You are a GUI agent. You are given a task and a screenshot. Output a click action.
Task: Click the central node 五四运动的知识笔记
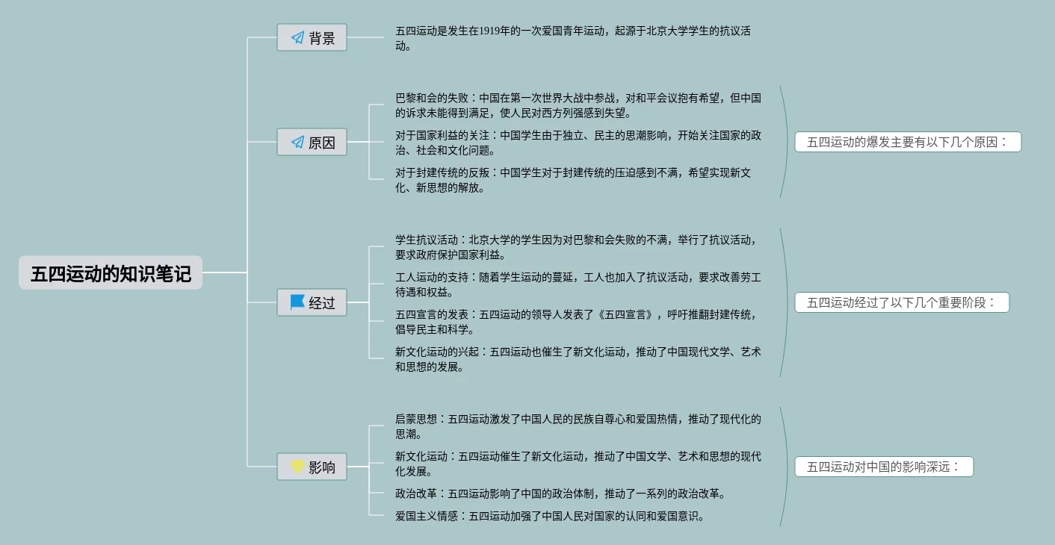[111, 273]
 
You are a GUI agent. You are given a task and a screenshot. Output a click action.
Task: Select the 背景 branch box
[312, 37]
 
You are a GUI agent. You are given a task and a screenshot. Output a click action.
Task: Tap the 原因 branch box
[312, 142]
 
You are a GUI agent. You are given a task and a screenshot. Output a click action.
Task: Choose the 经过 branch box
[312, 302]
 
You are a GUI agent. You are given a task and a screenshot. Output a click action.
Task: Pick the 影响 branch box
[312, 467]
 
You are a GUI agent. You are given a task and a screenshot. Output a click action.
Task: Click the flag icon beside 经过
[297, 302]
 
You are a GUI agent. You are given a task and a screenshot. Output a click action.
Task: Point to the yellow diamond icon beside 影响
[297, 467]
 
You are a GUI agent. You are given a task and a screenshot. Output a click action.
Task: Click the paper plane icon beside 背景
[297, 37]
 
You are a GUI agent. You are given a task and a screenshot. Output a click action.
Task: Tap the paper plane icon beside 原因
[297, 142]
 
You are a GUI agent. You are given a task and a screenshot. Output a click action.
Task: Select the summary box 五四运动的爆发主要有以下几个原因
[907, 142]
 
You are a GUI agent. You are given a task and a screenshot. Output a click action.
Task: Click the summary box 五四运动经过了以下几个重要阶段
[901, 302]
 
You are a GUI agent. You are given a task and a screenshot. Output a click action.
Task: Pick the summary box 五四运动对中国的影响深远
[883, 467]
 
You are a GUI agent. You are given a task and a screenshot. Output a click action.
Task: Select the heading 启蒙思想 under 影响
[415, 419]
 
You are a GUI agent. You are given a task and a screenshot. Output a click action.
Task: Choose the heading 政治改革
[415, 493]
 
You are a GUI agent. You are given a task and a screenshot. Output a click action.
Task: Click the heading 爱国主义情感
[426, 516]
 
